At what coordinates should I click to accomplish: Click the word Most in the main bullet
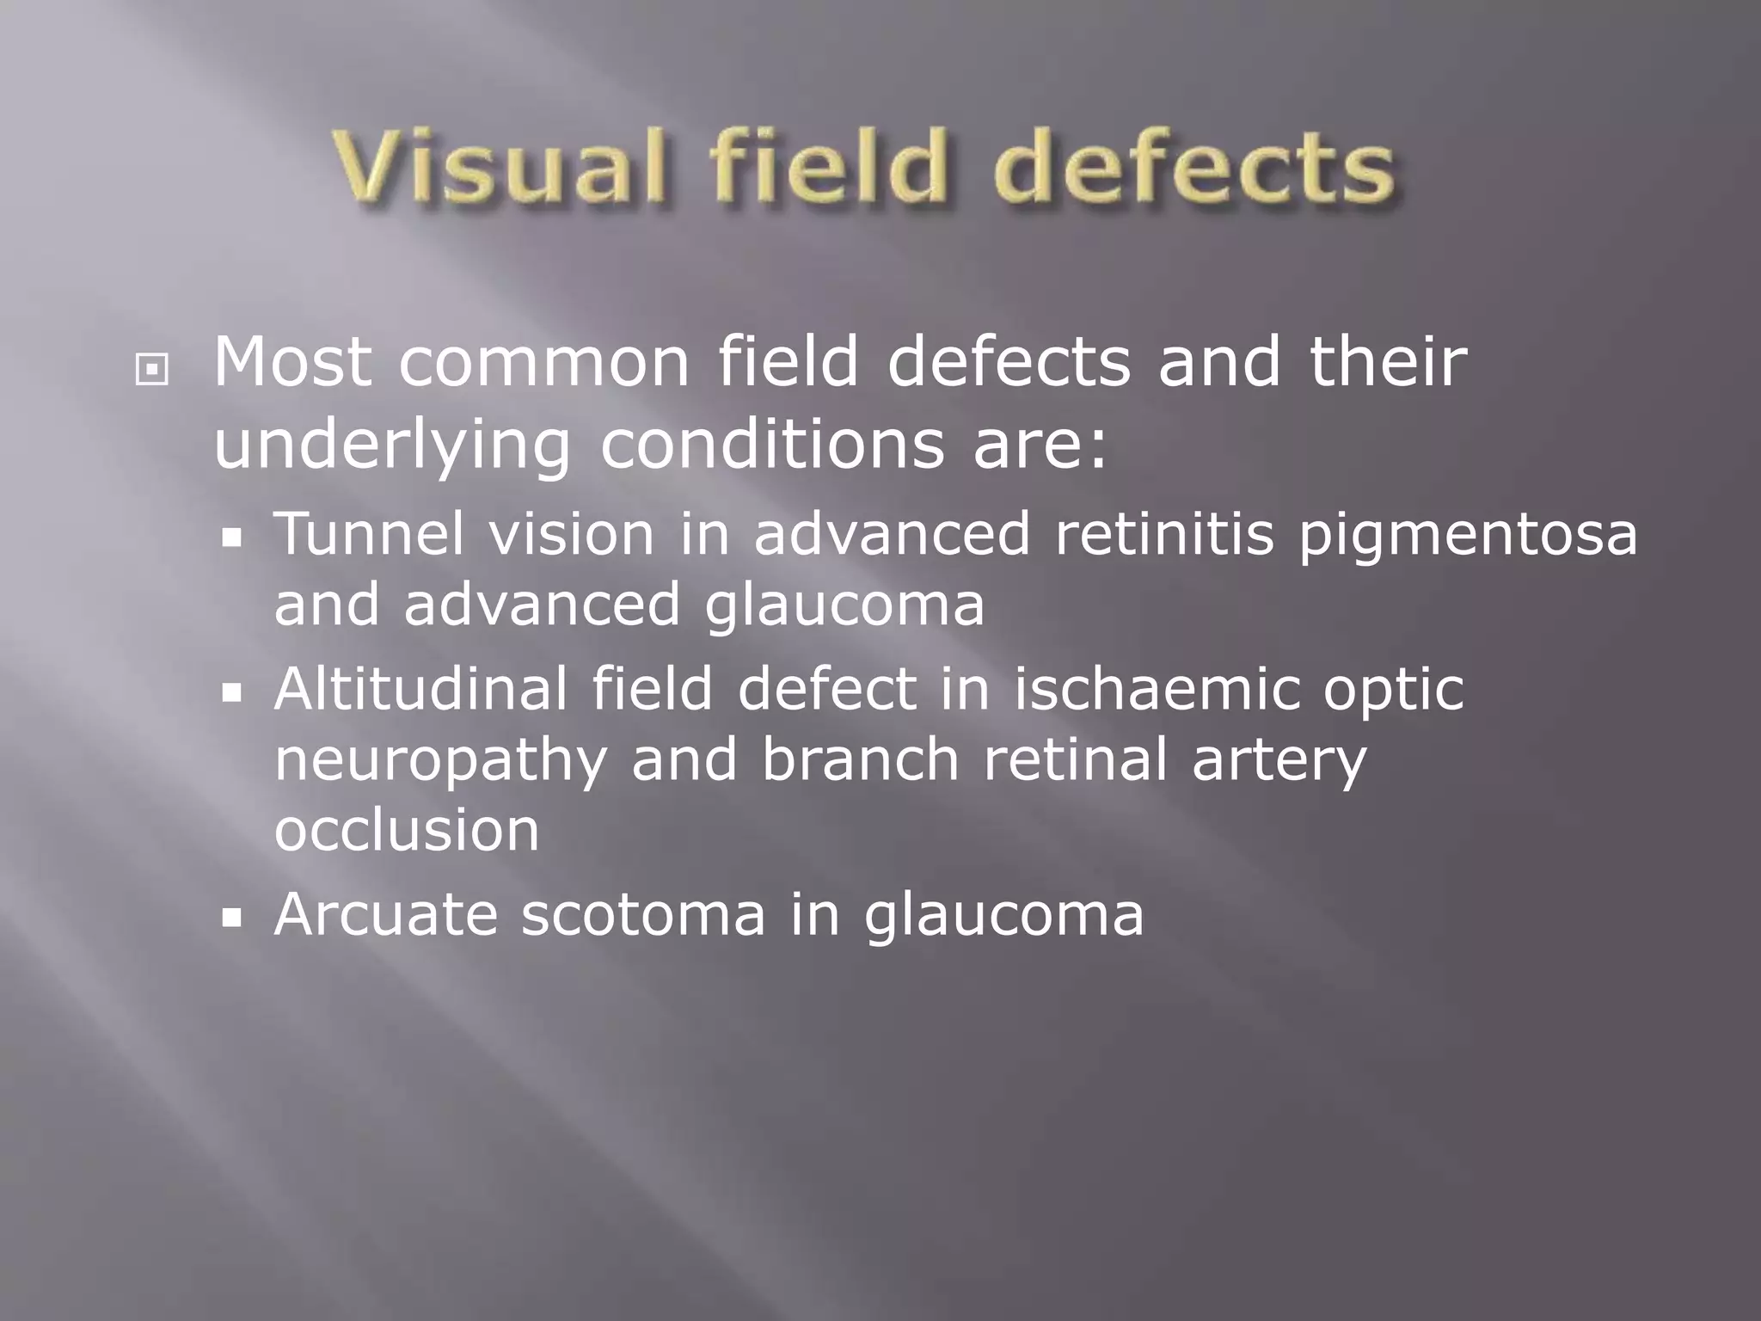point(292,363)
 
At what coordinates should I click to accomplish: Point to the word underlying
point(392,445)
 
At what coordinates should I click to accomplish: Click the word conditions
point(771,445)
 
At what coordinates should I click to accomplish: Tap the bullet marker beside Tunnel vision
point(231,540)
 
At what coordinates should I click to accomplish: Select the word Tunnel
point(370,534)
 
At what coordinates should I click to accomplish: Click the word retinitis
point(1163,534)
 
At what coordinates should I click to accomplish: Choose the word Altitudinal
point(420,689)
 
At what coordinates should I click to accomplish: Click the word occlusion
point(407,830)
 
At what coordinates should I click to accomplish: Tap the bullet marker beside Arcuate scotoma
point(231,919)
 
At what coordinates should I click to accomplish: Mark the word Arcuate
point(386,913)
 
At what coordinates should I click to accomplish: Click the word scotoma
point(643,913)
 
